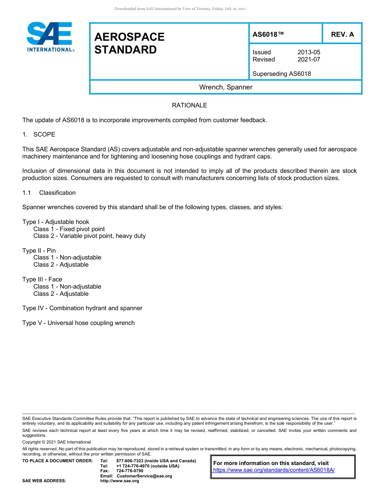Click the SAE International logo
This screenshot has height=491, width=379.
(x=49, y=37)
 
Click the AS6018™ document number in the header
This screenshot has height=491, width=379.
(x=268, y=34)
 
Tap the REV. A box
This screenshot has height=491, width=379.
(x=342, y=34)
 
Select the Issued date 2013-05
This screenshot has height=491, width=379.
(x=308, y=52)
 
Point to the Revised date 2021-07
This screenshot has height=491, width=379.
(x=308, y=59)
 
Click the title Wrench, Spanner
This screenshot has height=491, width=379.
(x=226, y=87)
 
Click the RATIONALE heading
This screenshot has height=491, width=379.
(x=189, y=105)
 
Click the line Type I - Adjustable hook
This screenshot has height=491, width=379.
(x=56, y=222)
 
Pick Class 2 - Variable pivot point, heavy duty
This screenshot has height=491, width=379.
(x=89, y=236)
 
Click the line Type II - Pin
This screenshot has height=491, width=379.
(x=39, y=251)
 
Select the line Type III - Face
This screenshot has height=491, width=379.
(x=42, y=279)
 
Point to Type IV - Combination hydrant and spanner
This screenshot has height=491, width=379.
(x=82, y=308)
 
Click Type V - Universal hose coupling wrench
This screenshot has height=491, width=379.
(x=79, y=323)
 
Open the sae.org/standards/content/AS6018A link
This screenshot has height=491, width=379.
(x=274, y=470)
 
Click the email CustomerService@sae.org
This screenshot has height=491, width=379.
(x=144, y=476)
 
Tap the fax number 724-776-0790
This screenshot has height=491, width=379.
(x=130, y=471)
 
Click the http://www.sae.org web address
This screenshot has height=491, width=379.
(x=120, y=481)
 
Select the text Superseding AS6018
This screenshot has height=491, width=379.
(x=282, y=74)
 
